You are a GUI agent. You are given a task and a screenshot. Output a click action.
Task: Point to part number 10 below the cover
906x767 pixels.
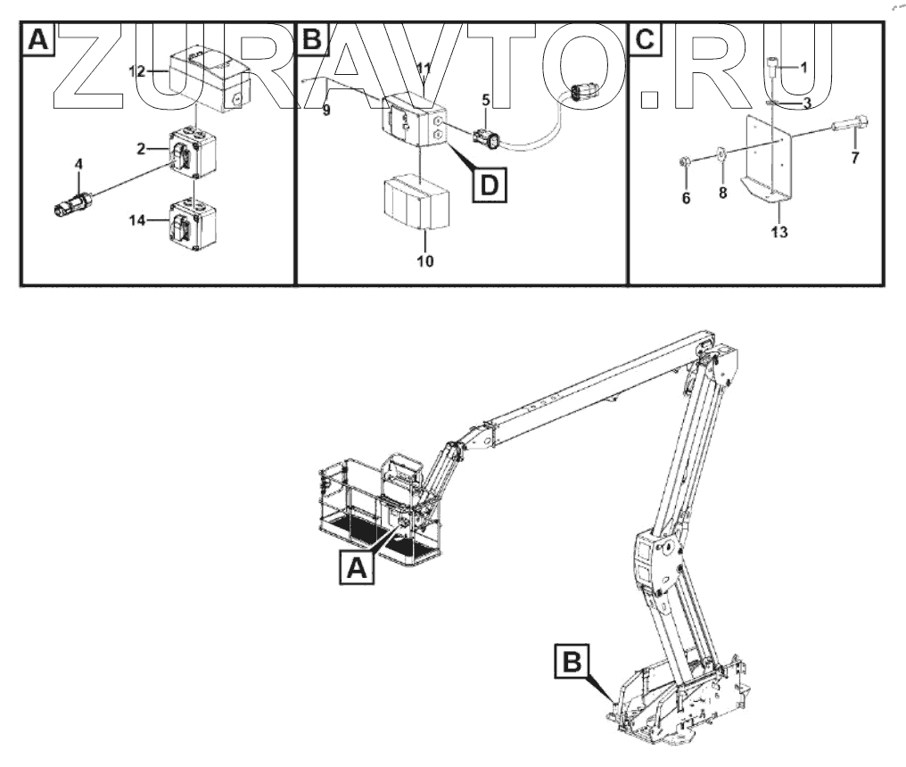point(424,261)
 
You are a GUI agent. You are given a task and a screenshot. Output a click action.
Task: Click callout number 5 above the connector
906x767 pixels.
point(485,100)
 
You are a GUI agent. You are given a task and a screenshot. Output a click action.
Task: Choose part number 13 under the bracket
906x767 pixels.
point(778,233)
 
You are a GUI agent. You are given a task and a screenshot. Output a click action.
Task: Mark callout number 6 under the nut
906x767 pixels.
point(687,198)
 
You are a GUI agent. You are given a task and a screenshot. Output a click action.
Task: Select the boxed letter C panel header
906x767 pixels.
point(646,40)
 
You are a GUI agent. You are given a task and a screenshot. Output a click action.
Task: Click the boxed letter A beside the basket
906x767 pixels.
point(356,565)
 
